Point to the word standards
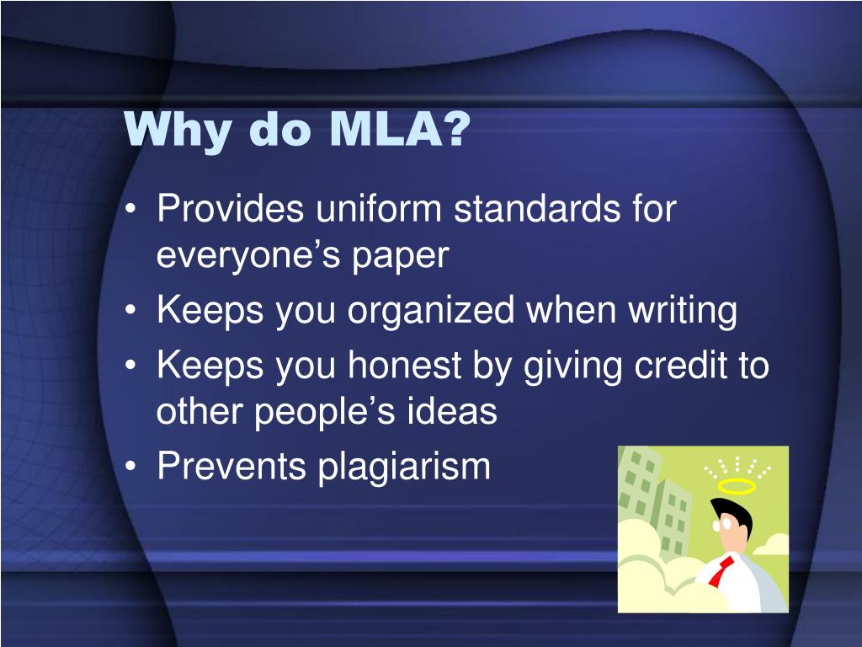pos(533,210)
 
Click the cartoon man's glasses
pos(717,524)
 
